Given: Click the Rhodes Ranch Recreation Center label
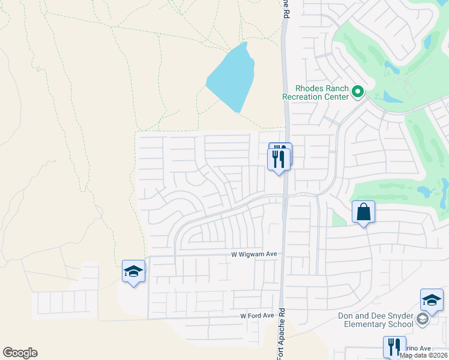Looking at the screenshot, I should [316, 92].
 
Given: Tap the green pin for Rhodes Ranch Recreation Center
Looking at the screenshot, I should [358, 92].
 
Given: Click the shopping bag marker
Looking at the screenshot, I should [363, 212].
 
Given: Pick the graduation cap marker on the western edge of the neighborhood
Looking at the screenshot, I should [133, 272].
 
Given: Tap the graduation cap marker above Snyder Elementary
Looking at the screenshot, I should [432, 301].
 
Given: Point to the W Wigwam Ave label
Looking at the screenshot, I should [255, 254].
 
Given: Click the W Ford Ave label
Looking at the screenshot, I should [257, 316].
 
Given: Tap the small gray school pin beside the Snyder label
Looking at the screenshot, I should [423, 320].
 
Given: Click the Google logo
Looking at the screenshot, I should [20, 353].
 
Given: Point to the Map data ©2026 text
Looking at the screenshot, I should [423, 355].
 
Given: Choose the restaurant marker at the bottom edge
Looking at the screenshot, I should [394, 347].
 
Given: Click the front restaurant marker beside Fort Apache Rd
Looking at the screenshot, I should [279, 160].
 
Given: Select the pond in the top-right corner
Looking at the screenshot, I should [427, 41].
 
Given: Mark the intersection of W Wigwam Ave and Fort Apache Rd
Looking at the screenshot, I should [283, 254].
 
